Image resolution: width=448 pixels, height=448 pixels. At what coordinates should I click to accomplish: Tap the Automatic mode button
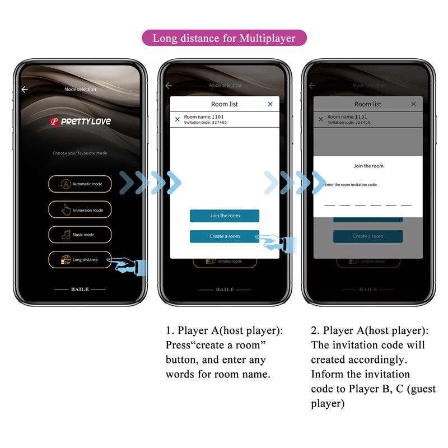[x=80, y=184]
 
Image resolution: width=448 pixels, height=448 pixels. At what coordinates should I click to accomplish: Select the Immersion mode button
[x=80, y=210]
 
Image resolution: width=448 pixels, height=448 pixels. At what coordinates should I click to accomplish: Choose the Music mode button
[x=80, y=235]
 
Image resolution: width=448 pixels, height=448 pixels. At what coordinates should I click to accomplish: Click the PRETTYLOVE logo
[x=81, y=121]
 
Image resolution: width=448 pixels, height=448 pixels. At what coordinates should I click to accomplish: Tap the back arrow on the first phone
[x=25, y=90]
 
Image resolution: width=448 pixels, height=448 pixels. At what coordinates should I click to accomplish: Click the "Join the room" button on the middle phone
[x=224, y=216]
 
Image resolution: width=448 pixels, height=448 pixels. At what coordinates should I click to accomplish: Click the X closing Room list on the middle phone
[x=270, y=104]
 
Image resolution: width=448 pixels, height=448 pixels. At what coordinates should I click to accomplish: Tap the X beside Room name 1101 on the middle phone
[x=178, y=119]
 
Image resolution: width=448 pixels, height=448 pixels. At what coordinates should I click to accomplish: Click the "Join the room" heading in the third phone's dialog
[x=368, y=166]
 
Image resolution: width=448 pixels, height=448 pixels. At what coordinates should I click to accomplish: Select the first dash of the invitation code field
[x=329, y=205]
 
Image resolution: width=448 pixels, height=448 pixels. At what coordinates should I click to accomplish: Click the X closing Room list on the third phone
[x=413, y=104]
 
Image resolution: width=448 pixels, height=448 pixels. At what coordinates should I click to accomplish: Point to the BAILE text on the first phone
[x=80, y=290]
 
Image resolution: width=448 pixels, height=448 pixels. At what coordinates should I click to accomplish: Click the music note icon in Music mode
[x=66, y=235]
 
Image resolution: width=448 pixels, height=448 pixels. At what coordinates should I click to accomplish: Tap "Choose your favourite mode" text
[x=80, y=153]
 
